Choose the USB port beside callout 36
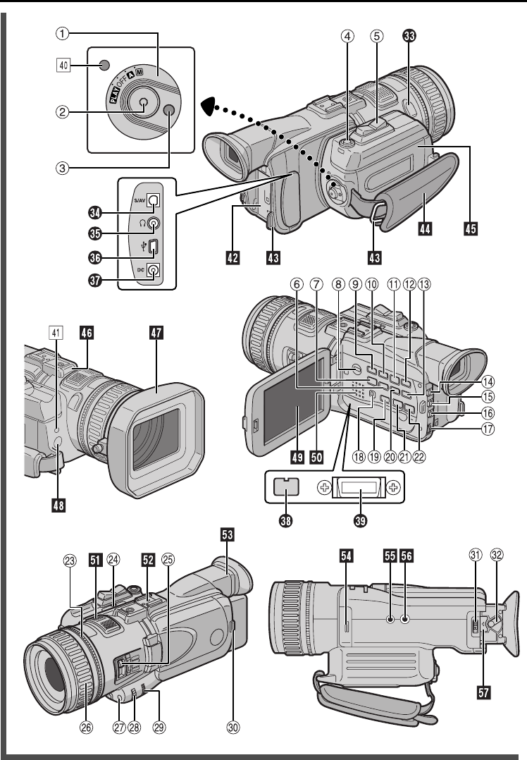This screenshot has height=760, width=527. [x=153, y=247]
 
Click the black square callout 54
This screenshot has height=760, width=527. [x=345, y=555]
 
